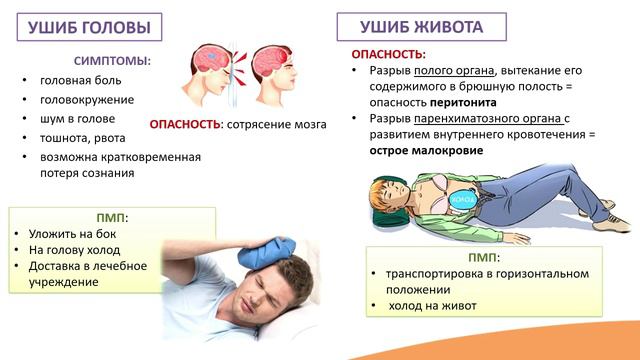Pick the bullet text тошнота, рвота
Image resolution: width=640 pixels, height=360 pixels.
83,138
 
